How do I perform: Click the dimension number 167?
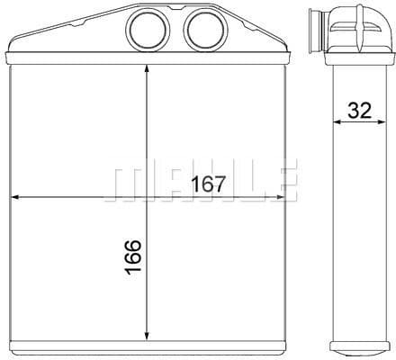[x=208, y=184]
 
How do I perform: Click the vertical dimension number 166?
[x=133, y=257]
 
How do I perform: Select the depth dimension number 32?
[x=359, y=110]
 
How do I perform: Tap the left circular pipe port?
[x=148, y=29]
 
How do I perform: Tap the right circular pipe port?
[x=205, y=29]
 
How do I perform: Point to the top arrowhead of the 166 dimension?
[x=147, y=69]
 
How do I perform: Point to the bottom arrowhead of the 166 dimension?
[x=147, y=336]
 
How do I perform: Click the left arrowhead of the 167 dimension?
[x=15, y=197]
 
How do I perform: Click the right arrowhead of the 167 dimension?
[x=279, y=197]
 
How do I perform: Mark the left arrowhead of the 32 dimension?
[x=337, y=121]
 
